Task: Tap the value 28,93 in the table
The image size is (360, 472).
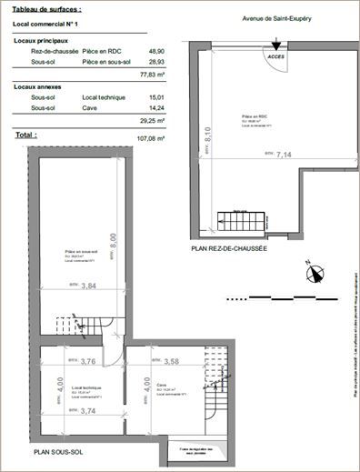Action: click(156, 62)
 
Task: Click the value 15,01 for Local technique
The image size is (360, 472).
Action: click(156, 97)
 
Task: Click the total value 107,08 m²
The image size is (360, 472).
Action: click(154, 137)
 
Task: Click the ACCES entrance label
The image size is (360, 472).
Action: click(275, 56)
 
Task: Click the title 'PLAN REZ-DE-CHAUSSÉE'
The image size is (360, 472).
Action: click(228, 248)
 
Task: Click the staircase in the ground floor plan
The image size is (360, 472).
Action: click(237, 221)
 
